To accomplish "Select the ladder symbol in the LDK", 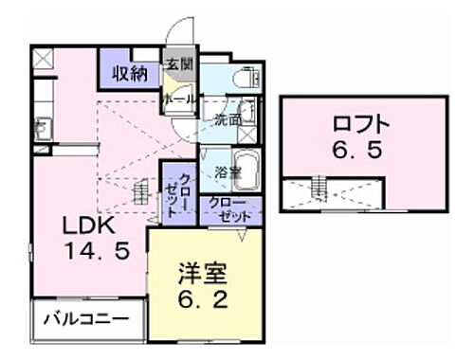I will point(141,192).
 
